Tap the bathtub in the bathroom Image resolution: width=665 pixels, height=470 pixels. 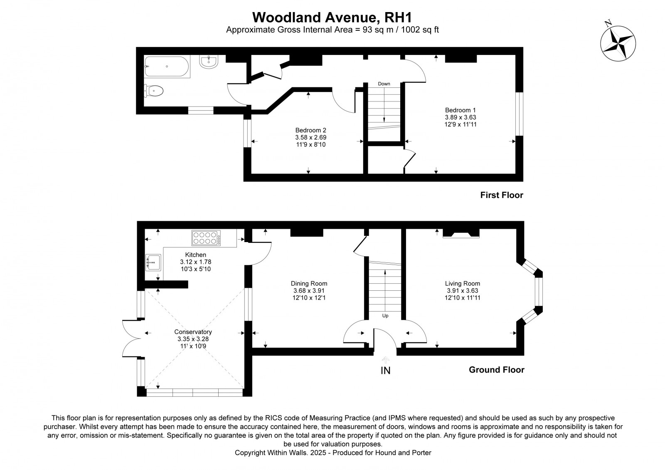click(167, 66)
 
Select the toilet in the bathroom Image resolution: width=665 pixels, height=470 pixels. click(154, 91)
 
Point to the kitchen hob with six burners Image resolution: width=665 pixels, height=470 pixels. click(206, 238)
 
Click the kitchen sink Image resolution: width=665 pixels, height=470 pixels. click(153, 262)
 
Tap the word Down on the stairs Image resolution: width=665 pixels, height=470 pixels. click(384, 84)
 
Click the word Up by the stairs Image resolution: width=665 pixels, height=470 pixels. click(385, 316)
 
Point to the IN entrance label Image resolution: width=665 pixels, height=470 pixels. click(385, 371)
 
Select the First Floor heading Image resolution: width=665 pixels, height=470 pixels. click(502, 195)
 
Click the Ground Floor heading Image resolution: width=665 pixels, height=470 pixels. click(496, 370)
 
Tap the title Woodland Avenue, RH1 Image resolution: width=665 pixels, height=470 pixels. click(332, 17)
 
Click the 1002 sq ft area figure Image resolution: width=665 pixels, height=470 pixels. click(420, 30)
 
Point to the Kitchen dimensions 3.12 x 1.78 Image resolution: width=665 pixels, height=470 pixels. click(195, 262)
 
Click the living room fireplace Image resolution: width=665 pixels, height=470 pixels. click(461, 233)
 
